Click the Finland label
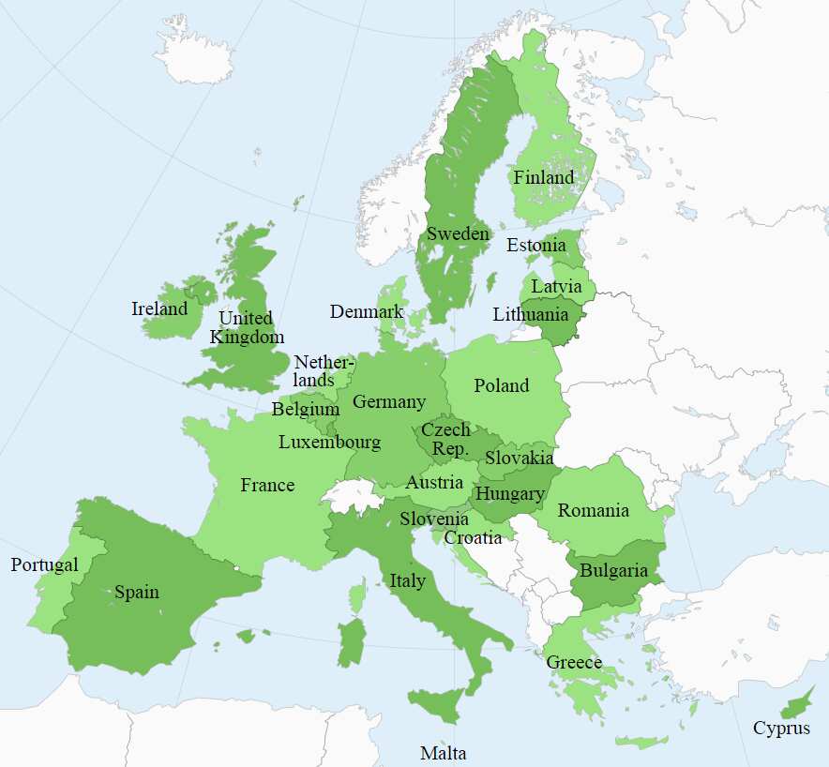[x=544, y=177]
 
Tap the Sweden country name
[x=458, y=233]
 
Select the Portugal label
[x=44, y=565]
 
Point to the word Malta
[x=443, y=753]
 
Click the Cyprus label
[x=781, y=728]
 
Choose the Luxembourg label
[x=329, y=442]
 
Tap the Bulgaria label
[x=613, y=570]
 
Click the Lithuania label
[x=530, y=315]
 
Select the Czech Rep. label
[x=445, y=438]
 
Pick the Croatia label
[x=473, y=537]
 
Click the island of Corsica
[x=357, y=595]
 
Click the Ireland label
[x=159, y=308]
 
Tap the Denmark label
[x=367, y=311]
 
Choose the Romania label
[x=593, y=510]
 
